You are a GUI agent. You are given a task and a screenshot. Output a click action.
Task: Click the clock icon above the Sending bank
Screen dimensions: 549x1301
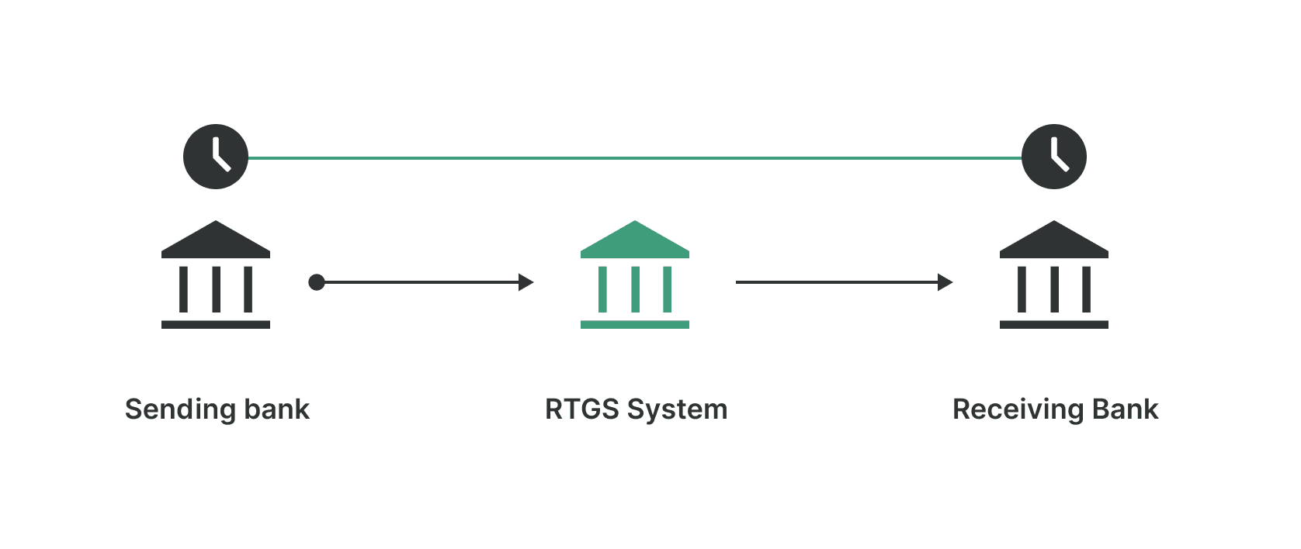tap(216, 157)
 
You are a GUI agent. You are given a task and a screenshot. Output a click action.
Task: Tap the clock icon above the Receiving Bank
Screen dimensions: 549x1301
tap(1053, 157)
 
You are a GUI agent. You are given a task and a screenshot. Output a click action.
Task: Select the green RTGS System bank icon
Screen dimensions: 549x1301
tap(634, 275)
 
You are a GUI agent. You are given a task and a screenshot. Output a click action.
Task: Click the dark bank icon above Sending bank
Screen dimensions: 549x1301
tap(216, 275)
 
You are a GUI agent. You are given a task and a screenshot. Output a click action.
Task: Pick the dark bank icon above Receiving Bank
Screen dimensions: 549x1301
tap(1053, 275)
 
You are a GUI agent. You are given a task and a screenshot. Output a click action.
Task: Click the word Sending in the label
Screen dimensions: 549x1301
tap(180, 409)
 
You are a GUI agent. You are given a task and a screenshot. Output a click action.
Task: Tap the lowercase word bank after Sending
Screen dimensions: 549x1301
tap(276, 409)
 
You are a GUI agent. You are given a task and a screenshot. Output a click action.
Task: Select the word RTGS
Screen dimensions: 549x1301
tap(581, 409)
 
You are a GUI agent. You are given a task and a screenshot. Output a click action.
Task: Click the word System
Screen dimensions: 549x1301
tap(677, 409)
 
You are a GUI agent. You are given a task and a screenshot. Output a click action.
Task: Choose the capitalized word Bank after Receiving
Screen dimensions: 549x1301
tap(1125, 409)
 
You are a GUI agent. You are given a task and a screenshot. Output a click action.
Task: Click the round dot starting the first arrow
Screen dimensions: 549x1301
tap(317, 282)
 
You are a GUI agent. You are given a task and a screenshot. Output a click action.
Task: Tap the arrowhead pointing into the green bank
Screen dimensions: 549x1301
tap(526, 282)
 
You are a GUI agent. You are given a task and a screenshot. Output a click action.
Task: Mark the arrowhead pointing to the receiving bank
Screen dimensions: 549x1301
tap(945, 282)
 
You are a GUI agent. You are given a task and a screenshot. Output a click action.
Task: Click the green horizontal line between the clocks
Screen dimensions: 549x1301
tap(634, 158)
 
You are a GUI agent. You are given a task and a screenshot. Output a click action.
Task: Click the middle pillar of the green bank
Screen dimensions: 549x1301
tap(635, 289)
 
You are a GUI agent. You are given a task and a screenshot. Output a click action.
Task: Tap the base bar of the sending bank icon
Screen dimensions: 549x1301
tap(216, 325)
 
